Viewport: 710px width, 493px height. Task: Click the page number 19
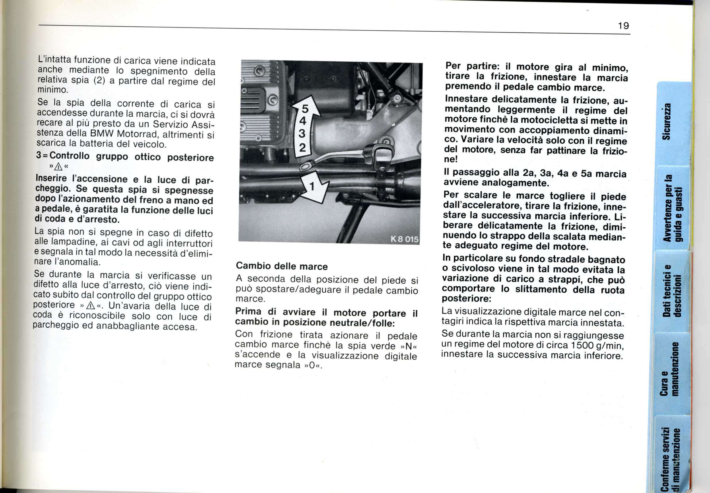tap(623, 26)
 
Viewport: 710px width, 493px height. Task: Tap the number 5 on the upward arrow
tap(305, 109)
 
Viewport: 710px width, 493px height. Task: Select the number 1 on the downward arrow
tap(312, 186)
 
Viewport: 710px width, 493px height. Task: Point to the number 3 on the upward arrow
tap(302, 134)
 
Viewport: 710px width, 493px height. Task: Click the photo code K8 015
tap(404, 239)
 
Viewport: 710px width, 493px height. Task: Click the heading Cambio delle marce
tap(282, 266)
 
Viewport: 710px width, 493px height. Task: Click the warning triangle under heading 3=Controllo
tap(58, 167)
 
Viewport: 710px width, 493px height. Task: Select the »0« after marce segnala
tap(313, 365)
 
